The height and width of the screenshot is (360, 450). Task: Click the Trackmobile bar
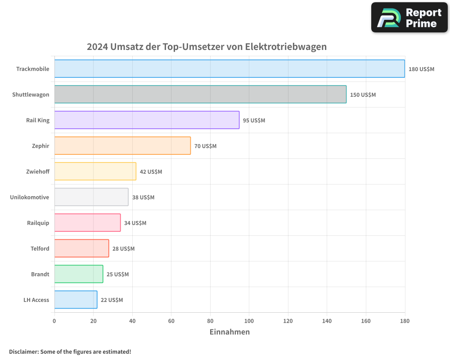tap(229, 69)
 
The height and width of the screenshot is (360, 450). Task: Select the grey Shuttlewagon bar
tap(200, 94)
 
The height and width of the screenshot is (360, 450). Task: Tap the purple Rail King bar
tap(147, 120)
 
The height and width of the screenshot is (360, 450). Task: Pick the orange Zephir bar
tap(122, 146)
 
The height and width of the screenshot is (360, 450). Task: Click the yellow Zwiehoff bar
tap(95, 171)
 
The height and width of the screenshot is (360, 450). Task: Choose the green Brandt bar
tap(78, 274)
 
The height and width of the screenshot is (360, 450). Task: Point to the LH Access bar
tap(76, 300)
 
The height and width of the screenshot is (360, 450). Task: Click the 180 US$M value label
tap(421, 69)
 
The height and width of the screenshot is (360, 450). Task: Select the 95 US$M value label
tap(254, 121)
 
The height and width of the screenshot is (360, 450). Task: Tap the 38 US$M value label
tap(143, 198)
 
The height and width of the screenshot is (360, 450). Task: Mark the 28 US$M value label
tap(123, 249)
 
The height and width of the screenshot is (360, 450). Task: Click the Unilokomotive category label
tap(30, 197)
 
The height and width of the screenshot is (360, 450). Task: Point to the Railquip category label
tap(38, 223)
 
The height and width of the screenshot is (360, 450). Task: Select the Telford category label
tap(40, 248)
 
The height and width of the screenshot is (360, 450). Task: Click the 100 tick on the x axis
tap(249, 321)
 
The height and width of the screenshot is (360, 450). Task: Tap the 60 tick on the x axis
tap(171, 321)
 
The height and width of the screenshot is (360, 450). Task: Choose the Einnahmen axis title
tap(229, 332)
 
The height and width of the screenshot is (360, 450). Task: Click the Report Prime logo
tap(409, 18)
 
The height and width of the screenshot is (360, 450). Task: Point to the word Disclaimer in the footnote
tap(23, 351)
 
